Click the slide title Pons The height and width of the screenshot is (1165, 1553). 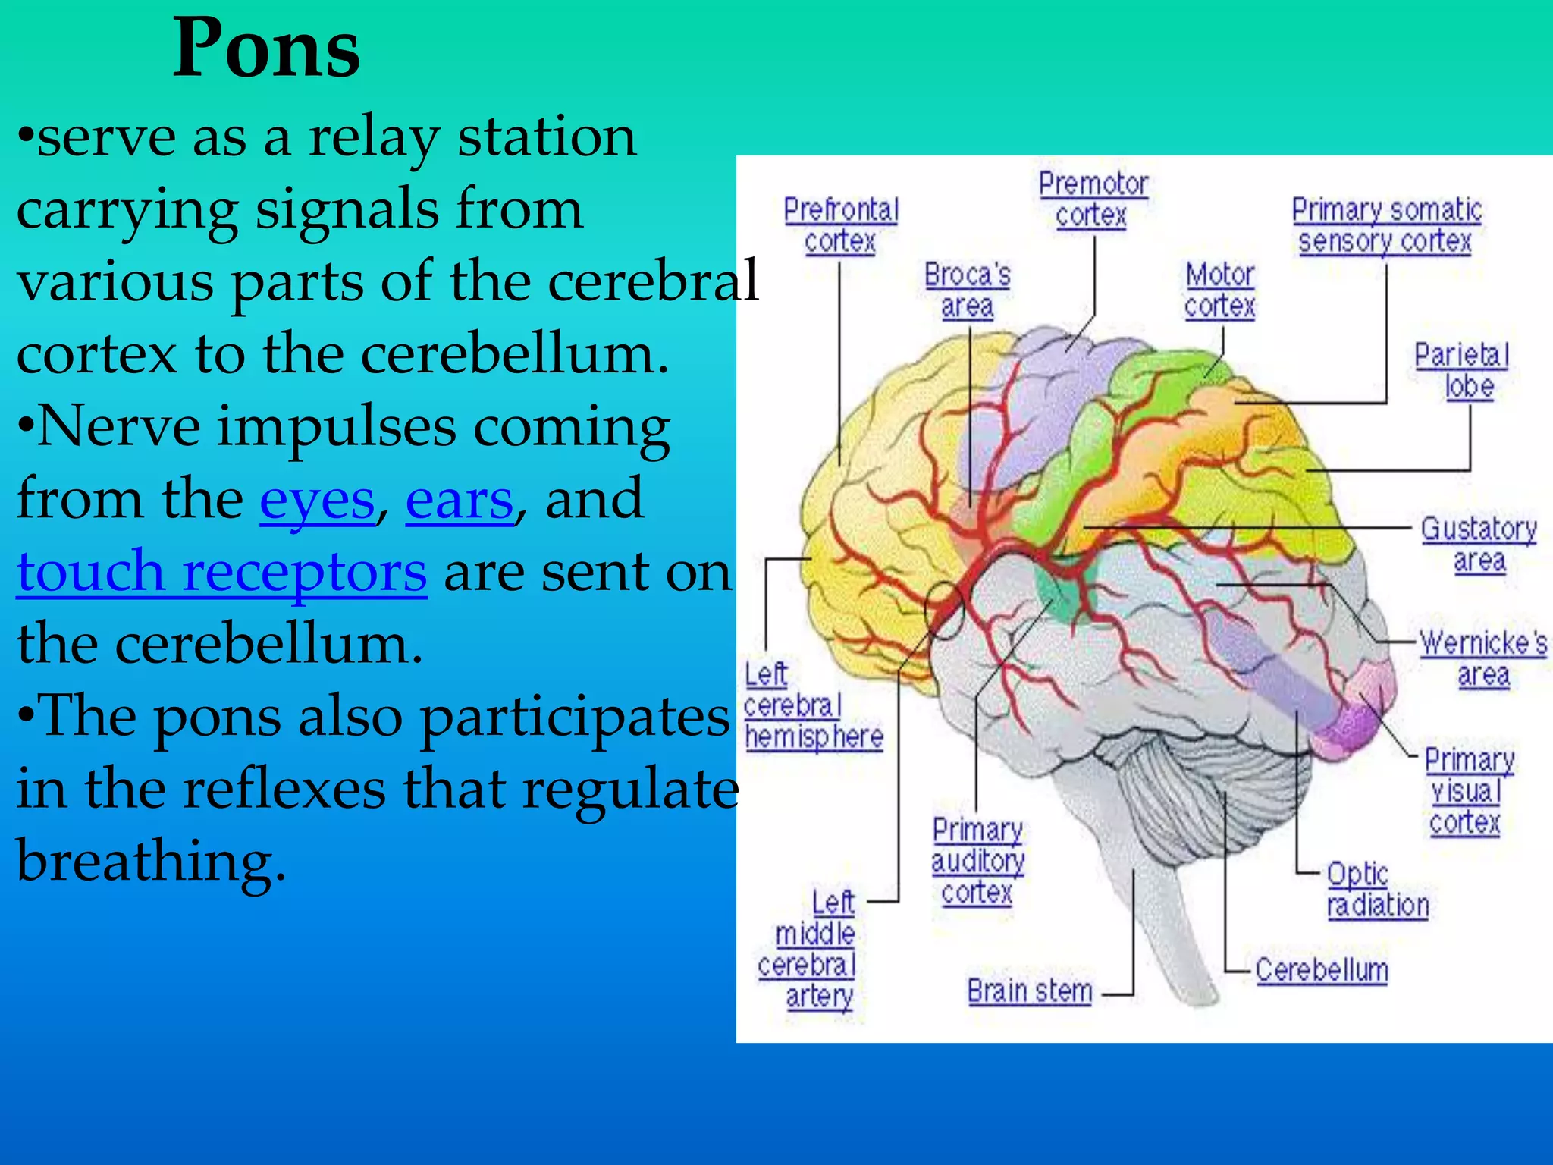point(266,49)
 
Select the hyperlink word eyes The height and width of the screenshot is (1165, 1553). point(317,500)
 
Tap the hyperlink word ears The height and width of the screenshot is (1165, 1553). point(460,500)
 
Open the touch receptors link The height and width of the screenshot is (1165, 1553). point(221,571)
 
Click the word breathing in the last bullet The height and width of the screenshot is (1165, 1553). point(151,861)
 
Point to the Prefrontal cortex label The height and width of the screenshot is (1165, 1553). point(840,225)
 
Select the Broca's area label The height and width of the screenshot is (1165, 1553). point(967,290)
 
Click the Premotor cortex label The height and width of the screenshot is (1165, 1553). point(1093,199)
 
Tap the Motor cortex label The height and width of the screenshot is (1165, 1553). point(1219,290)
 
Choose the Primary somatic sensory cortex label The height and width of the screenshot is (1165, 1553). point(1386,225)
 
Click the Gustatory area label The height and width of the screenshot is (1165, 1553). point(1479,544)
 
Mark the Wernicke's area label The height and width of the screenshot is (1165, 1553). point(1483,658)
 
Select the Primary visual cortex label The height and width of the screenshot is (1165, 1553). point(1468,791)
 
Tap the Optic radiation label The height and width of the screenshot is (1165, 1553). point(1376,890)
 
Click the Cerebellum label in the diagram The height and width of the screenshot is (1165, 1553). point(1321,970)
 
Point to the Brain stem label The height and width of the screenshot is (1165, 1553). point(1029,991)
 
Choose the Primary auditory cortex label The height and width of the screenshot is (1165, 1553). point(977,861)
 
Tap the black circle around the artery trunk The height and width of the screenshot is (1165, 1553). point(944,611)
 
